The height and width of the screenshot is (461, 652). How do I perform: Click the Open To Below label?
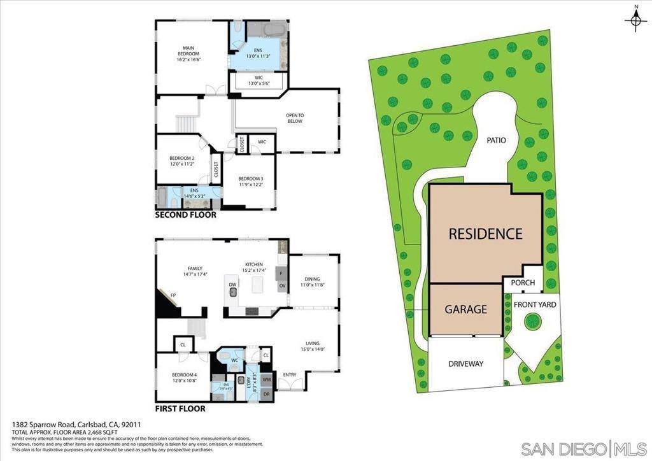(294, 118)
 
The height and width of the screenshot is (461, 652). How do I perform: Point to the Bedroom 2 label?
(181, 160)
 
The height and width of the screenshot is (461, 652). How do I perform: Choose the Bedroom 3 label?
(250, 181)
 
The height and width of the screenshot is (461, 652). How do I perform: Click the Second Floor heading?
(186, 215)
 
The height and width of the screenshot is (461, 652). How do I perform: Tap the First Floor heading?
(180, 408)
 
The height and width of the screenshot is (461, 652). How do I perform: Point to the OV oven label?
(281, 287)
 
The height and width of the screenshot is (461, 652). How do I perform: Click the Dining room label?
(312, 281)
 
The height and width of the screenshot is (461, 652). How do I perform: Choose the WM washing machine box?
(266, 380)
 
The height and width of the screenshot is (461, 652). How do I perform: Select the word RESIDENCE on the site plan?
(485, 234)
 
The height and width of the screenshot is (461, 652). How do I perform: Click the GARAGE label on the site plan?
(465, 309)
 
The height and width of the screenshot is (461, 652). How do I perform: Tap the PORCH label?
(523, 283)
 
